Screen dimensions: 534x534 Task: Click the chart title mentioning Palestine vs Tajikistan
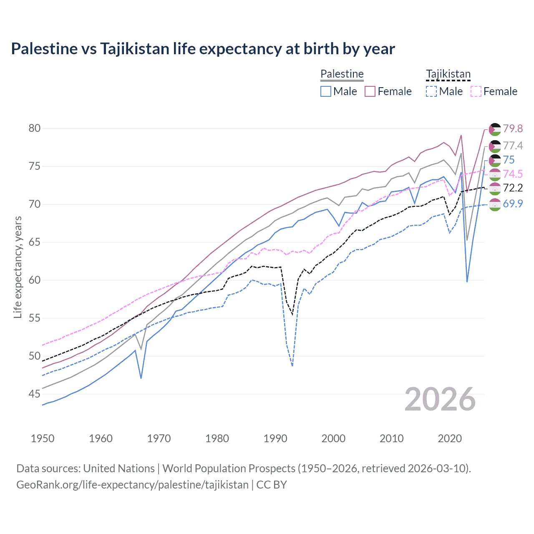(203, 49)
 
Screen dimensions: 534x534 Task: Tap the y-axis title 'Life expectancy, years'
(18, 267)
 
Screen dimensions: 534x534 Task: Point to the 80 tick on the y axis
(35, 128)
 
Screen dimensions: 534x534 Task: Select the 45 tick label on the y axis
(35, 394)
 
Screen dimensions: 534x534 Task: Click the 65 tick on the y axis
(35, 242)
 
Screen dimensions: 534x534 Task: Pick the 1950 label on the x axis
(43, 438)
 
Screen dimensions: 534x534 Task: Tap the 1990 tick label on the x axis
(275, 438)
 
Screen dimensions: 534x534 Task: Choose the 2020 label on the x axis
(450, 438)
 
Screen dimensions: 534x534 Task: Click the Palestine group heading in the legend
(342, 74)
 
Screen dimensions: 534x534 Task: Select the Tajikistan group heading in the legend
(448, 74)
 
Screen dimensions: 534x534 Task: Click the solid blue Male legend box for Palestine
(326, 91)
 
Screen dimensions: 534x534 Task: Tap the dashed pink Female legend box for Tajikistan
(476, 91)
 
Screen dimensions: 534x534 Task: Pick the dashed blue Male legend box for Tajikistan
(431, 91)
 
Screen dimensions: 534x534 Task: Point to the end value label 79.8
(513, 128)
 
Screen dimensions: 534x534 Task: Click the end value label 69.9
(513, 204)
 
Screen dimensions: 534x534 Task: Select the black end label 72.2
(513, 188)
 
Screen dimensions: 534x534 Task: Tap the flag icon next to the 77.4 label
(495, 146)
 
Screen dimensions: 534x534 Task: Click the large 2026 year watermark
(440, 399)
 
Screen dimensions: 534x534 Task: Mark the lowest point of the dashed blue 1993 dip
(292, 366)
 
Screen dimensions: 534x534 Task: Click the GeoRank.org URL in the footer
(132, 485)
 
